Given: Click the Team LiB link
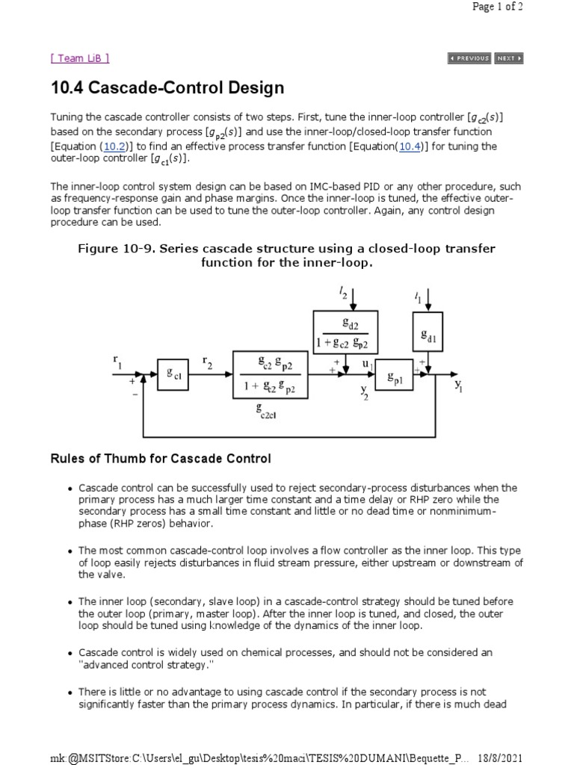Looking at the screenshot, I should tap(79, 58).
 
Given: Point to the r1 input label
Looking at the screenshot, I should tap(117, 362).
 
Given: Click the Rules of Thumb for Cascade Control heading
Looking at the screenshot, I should tap(160, 458).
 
